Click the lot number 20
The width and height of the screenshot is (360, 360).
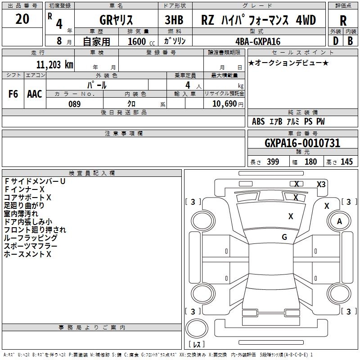pos(22,19)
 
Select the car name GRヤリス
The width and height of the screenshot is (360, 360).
pos(116,20)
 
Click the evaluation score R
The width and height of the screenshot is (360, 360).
pos(343,21)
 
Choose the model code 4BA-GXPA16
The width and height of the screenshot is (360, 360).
pos(258,41)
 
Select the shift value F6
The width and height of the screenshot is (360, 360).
pos(13,94)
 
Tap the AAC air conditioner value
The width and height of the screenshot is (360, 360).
pos(35,94)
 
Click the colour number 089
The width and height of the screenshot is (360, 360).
pos(74,104)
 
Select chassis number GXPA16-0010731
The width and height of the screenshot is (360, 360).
pos(302,143)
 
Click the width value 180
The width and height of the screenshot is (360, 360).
pos(310,162)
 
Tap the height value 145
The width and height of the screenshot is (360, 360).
pos(346,162)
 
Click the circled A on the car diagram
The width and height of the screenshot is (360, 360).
pos(340,221)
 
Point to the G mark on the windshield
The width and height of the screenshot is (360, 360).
pos(284,237)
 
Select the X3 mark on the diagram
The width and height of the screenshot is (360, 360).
pos(321,184)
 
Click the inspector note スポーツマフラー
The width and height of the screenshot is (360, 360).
pos(31,246)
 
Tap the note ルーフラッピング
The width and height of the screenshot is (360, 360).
pos(31,238)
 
